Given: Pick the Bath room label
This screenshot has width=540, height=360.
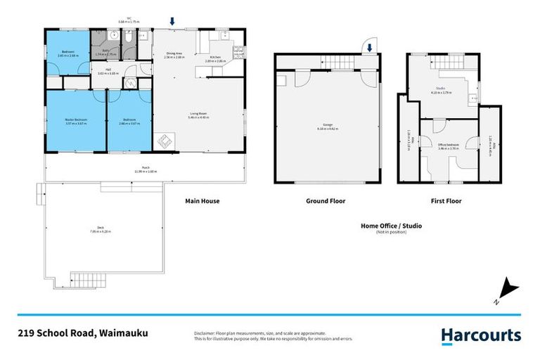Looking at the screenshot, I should (x=106, y=51).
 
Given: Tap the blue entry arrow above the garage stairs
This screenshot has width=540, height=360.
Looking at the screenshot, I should (x=369, y=48).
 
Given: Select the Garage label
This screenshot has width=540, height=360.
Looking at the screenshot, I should (x=328, y=127).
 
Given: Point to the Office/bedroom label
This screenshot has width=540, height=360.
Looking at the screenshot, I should (x=448, y=146).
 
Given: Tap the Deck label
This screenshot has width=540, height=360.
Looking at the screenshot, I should (x=101, y=229).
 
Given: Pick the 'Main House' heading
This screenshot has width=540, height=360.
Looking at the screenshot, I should (x=202, y=201).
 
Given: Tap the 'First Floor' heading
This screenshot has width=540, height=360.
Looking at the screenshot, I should (x=446, y=201).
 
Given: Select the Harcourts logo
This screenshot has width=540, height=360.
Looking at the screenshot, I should (x=481, y=335).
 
